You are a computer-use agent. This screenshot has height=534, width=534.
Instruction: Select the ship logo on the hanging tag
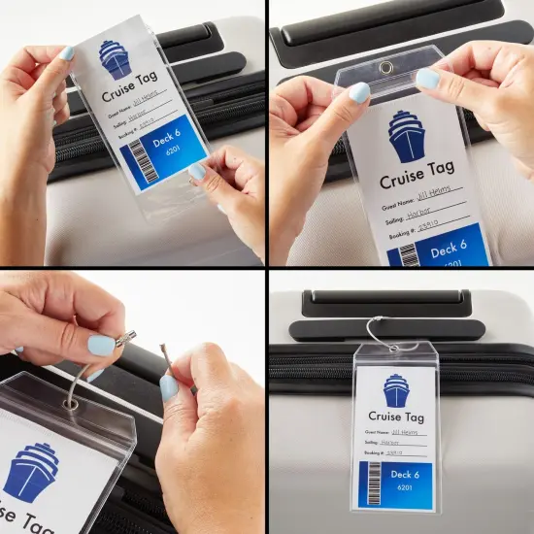(x=397, y=390)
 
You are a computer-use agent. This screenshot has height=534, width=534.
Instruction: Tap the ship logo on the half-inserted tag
(x=116, y=59)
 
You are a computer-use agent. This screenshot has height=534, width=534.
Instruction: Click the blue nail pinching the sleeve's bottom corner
(x=198, y=172)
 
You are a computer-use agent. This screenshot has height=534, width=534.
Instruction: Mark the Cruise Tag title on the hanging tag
(x=396, y=418)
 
